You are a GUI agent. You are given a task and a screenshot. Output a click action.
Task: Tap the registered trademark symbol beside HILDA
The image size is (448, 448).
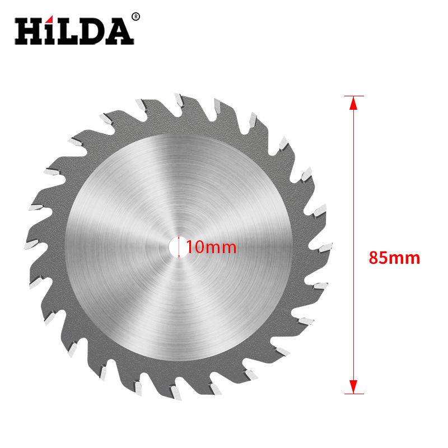(135, 16)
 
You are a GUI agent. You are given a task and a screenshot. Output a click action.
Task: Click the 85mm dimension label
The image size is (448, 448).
(394, 258)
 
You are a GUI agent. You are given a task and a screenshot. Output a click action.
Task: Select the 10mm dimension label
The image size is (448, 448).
(204, 246)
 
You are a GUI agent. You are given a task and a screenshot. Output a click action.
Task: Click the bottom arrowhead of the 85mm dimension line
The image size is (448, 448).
(352, 386)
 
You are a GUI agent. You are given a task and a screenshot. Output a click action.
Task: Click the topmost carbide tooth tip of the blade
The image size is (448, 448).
(178, 100)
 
